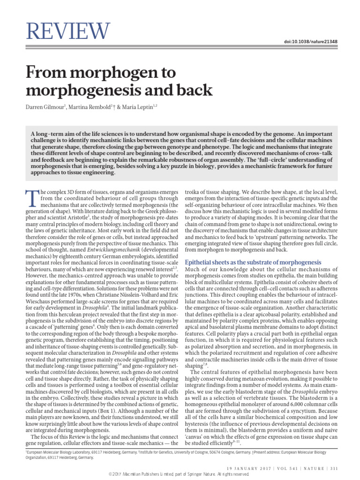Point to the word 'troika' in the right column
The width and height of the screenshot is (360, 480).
(x=195, y=192)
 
